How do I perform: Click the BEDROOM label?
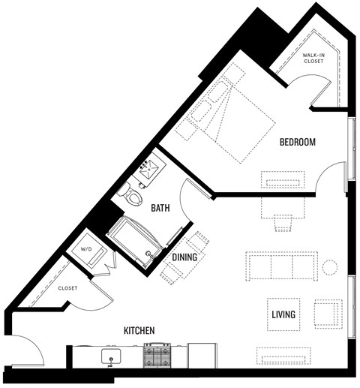(x=297, y=142)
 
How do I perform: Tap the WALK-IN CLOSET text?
(x=313, y=59)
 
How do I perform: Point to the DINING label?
(x=184, y=257)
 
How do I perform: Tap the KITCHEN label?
(x=139, y=330)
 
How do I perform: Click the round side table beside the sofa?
(x=329, y=266)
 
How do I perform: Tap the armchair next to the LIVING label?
(x=327, y=314)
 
